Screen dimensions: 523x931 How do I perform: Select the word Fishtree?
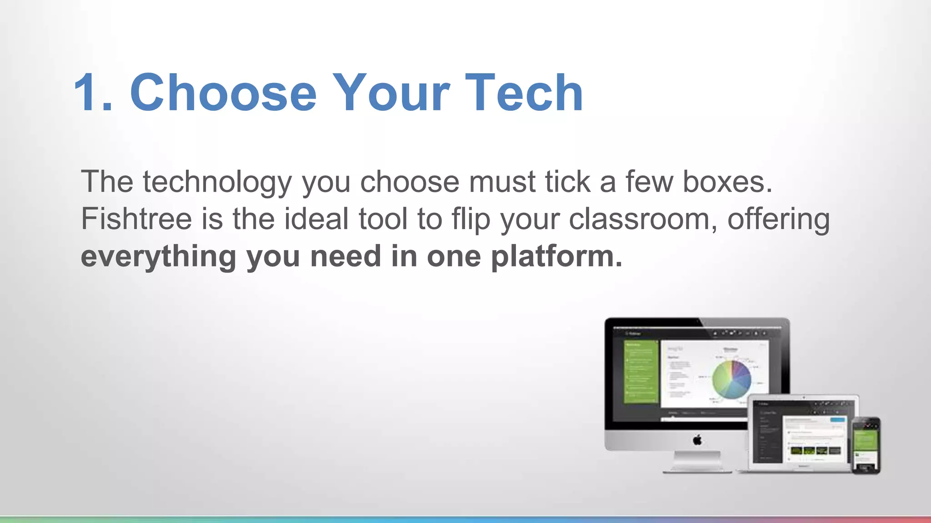tap(136, 219)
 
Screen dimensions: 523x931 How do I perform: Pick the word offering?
tap(778, 220)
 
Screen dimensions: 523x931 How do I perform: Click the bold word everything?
tap(158, 257)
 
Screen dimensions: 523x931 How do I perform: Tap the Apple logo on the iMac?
tap(697, 439)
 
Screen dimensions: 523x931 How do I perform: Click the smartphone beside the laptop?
tap(866, 445)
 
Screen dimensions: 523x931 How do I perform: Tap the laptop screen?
tap(803, 434)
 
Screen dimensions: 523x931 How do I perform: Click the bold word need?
tap(345, 257)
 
